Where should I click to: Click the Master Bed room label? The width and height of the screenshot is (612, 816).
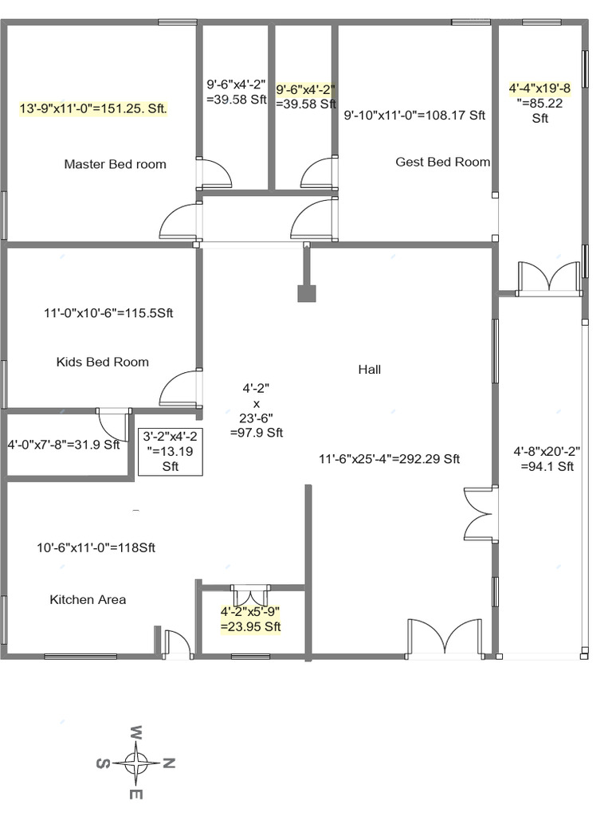coord(115,164)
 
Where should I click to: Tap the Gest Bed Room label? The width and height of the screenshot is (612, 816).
coord(442,162)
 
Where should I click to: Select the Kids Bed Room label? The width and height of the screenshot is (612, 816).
coord(102,362)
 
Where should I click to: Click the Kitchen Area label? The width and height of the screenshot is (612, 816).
coord(88,599)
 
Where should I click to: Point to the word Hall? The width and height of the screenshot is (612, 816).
coord(369,369)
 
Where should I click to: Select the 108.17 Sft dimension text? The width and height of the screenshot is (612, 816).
coord(414,115)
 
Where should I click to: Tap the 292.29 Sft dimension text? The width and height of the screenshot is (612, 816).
coord(389,459)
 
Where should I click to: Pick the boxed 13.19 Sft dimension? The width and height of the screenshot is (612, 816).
coord(171,452)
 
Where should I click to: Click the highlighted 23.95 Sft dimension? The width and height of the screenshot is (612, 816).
coord(251,619)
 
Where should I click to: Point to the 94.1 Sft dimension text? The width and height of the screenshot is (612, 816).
coord(547,459)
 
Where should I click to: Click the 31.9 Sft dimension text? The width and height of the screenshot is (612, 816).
coord(63,445)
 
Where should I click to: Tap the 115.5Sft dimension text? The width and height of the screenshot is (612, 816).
coord(108,313)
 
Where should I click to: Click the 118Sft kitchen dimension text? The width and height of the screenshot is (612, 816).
coord(96,547)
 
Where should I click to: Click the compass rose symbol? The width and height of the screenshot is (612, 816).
coord(136,763)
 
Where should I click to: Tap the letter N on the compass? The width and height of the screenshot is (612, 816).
coord(168,763)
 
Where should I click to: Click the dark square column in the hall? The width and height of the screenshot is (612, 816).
coord(307,293)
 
